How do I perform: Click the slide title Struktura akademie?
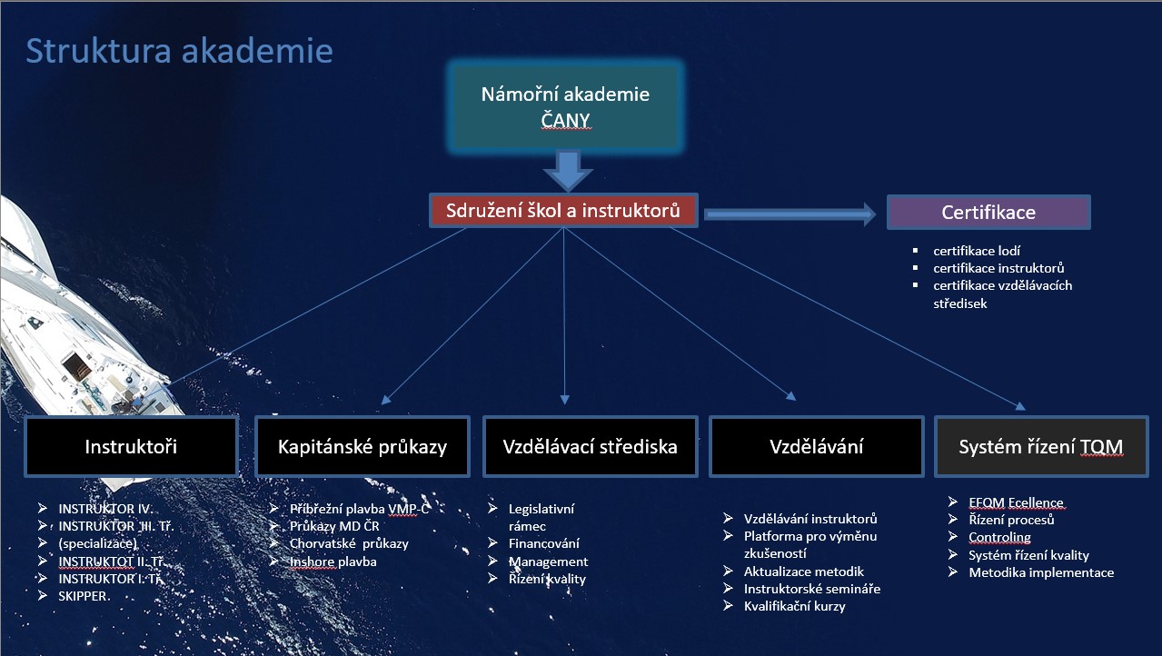point(179,51)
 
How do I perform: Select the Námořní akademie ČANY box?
point(564,106)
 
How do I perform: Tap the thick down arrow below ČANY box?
point(567,170)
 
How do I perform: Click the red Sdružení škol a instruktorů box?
point(564,211)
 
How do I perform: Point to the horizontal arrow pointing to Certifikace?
point(789,214)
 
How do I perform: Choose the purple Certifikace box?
point(988,213)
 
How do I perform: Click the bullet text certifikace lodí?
point(970,250)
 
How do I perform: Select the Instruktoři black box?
point(131,446)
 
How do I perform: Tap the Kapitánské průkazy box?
point(362,446)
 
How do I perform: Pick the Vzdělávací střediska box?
point(590,446)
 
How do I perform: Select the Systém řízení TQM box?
point(1040,446)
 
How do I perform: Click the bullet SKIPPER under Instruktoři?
point(84,596)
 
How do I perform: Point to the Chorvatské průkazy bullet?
point(349,543)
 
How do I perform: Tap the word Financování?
point(543,543)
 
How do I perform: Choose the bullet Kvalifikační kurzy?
point(794,606)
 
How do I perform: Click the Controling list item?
point(999,537)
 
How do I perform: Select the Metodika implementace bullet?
point(1040,572)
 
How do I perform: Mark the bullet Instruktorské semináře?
point(811,589)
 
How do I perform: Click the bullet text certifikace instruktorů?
point(998,268)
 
